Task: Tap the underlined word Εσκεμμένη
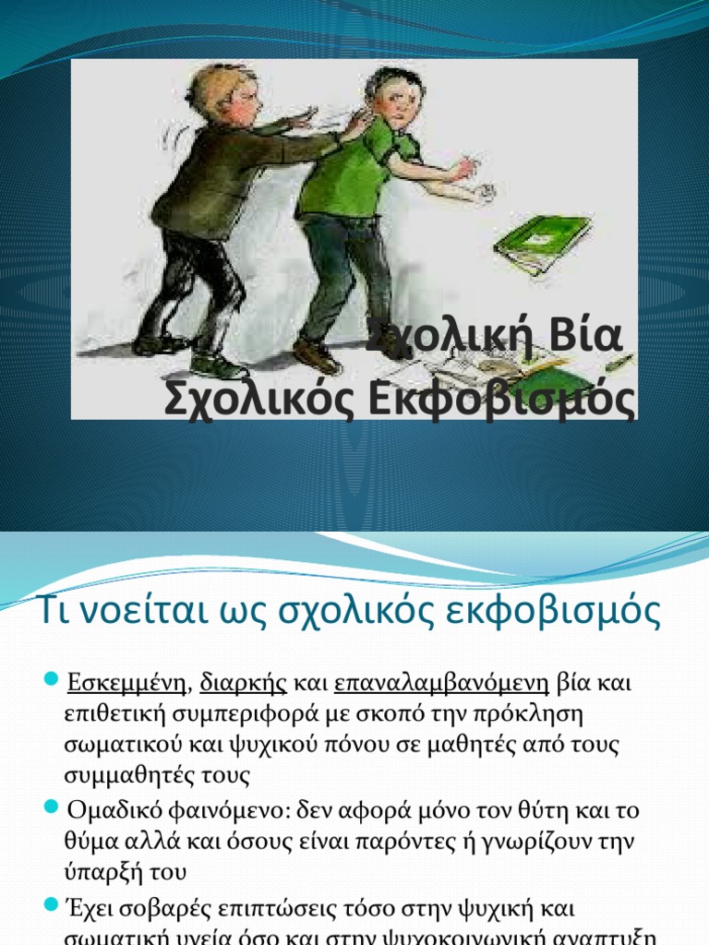(x=126, y=685)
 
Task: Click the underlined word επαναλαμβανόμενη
(x=441, y=685)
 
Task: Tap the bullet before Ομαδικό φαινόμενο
(x=52, y=808)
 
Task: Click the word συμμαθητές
(x=127, y=775)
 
